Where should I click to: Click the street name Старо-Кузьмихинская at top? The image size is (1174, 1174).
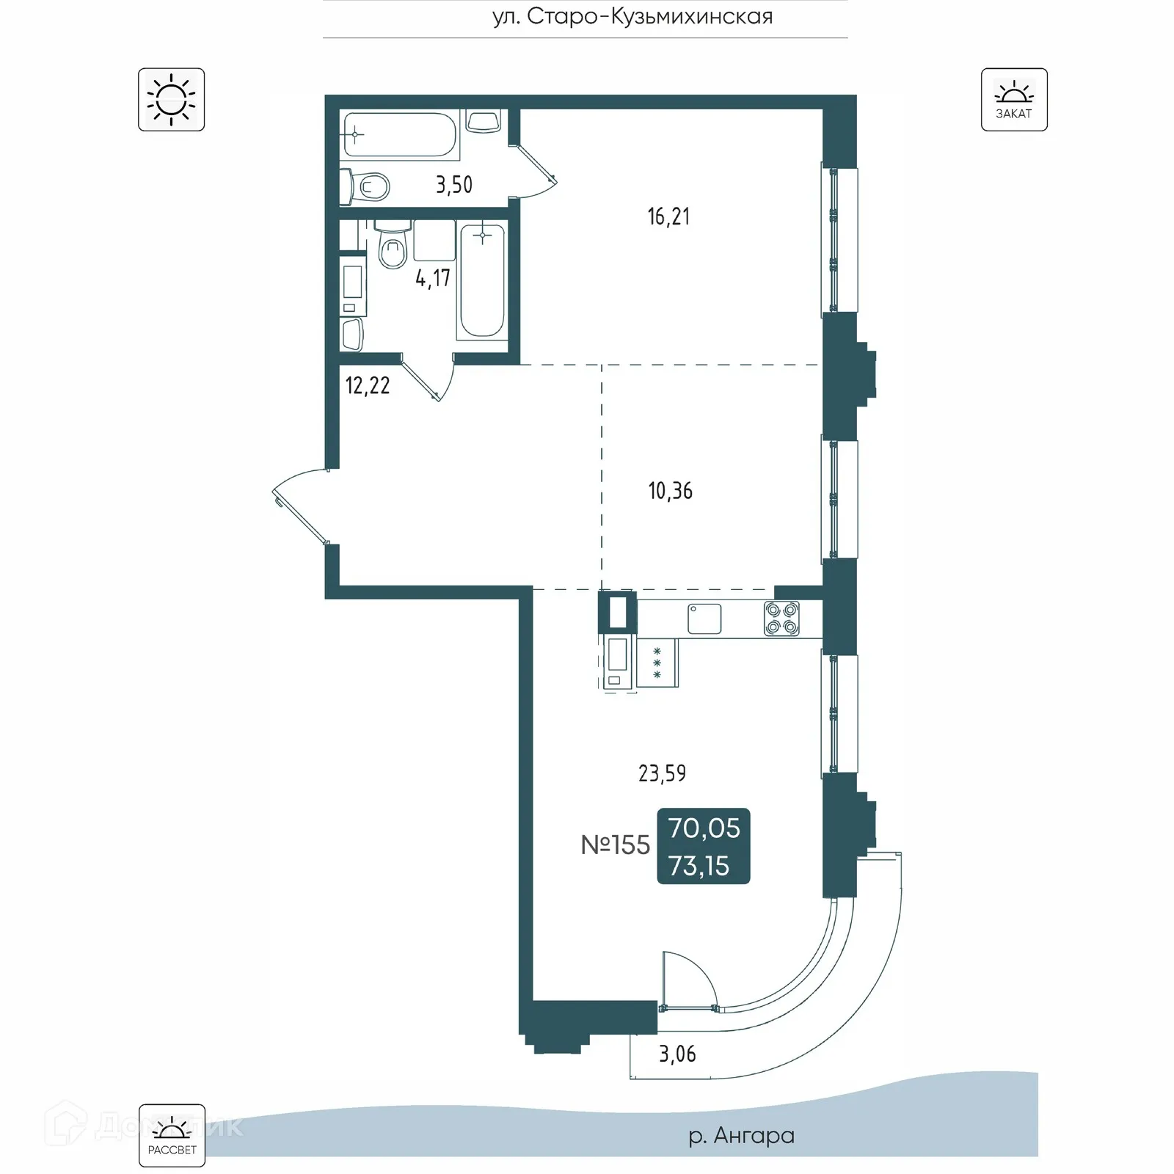632,17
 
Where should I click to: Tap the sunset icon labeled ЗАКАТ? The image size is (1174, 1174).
1013,100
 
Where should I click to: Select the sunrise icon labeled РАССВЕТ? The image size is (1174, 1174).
172,1135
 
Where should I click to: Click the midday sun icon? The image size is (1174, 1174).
171,100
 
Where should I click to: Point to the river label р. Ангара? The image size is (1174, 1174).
741,1135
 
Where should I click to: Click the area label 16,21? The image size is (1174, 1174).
668,216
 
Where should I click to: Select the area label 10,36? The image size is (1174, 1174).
670,491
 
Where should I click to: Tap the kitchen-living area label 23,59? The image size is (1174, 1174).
662,773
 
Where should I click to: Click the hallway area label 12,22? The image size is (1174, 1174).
368,386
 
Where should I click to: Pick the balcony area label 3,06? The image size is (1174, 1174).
677,1054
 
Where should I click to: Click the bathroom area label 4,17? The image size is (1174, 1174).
432,278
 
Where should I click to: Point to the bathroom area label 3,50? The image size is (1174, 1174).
454,185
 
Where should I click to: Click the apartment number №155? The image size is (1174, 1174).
615,845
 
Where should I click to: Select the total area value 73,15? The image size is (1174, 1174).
699,867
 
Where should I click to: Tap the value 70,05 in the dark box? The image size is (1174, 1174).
704,828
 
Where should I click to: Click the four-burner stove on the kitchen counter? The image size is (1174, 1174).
781,619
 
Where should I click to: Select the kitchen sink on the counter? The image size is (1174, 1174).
704,619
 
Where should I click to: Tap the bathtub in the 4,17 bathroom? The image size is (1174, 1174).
481,282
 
